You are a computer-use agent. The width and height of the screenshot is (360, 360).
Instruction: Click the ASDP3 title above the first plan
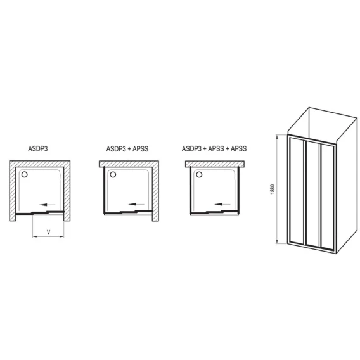tap(38, 149)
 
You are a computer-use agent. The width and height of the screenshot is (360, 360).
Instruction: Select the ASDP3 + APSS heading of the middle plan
tap(127, 149)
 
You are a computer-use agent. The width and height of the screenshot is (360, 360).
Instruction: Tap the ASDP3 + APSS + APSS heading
tap(214, 148)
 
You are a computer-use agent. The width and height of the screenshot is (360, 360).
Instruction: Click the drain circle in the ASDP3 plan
tap(24, 174)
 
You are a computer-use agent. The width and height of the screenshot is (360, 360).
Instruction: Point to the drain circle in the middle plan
tap(113, 174)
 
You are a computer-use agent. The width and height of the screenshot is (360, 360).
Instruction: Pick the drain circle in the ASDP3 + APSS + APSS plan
tap(199, 174)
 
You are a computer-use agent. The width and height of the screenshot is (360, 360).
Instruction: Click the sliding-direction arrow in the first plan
tap(48, 205)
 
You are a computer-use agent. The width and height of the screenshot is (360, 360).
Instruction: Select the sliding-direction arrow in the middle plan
tap(136, 204)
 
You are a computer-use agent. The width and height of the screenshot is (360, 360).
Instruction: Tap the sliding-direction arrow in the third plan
tap(222, 204)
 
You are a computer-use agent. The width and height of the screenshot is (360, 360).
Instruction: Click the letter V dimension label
tap(48, 232)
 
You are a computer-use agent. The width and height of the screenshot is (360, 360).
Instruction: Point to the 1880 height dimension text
tap(273, 189)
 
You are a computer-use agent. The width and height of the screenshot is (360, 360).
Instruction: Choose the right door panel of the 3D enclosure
tap(328, 198)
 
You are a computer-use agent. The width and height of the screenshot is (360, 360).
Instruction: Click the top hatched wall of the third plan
tap(215, 164)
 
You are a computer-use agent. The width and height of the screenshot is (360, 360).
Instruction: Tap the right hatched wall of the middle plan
tap(155, 191)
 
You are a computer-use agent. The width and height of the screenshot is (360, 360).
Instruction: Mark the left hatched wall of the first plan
tap(13, 191)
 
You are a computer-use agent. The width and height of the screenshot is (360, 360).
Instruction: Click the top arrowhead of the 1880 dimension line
tap(278, 138)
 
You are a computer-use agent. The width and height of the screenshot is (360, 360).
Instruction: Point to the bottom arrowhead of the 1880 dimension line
tap(278, 241)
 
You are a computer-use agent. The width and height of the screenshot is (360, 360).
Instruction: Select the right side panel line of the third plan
tap(239, 191)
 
